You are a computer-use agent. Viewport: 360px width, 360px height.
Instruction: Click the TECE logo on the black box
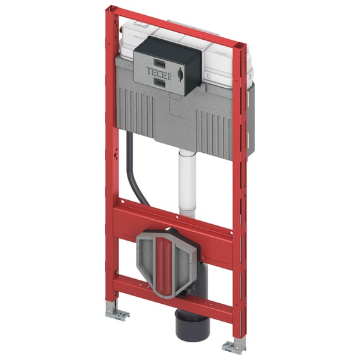coord(159,73)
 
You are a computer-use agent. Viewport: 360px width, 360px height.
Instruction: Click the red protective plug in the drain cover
coord(164,268)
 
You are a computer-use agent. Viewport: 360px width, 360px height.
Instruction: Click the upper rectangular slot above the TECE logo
coord(160,63)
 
